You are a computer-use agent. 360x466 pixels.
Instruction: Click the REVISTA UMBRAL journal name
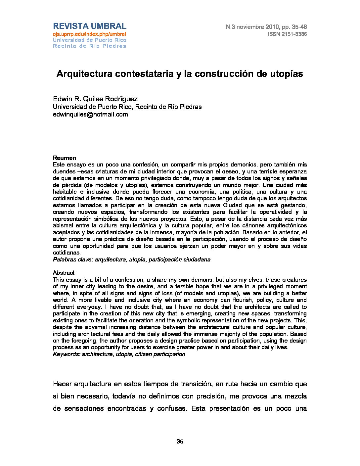tap(90, 26)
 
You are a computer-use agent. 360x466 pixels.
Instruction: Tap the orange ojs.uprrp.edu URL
tap(90, 34)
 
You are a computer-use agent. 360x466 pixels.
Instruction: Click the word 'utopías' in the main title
tap(287, 73)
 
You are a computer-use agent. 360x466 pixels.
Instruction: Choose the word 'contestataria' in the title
tap(143, 73)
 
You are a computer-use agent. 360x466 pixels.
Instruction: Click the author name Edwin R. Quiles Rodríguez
tap(96, 99)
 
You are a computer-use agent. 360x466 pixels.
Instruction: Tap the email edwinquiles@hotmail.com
tap(90, 115)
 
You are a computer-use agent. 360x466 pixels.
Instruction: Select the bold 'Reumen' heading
tap(65, 158)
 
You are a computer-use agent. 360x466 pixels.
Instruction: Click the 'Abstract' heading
tap(64, 273)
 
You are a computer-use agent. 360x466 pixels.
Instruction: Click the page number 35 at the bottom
tap(180, 441)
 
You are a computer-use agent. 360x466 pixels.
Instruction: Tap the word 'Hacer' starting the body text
tap(62, 384)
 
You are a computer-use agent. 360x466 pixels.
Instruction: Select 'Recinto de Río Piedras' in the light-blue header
tap(90, 46)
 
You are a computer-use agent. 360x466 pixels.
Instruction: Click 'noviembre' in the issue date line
tap(250, 27)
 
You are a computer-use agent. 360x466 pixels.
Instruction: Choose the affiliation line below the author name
tap(127, 107)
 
